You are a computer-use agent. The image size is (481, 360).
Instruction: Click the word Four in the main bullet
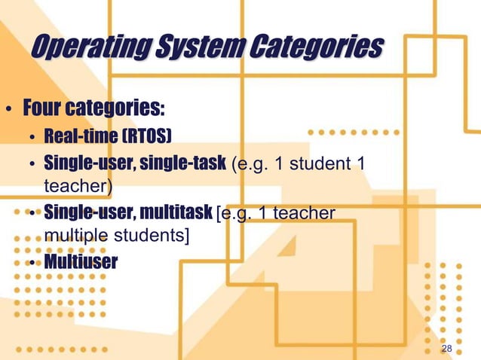point(44,109)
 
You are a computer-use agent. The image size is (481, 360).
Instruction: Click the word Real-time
point(81,136)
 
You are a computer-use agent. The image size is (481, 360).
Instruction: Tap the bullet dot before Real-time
point(32,137)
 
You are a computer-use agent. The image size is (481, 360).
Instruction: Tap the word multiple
point(80,236)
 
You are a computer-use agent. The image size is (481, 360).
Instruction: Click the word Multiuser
point(81,262)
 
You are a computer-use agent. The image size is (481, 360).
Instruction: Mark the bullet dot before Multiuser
point(32,263)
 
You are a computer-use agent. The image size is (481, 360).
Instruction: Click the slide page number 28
point(446,349)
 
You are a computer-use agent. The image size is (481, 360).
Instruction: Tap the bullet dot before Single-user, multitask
point(32,214)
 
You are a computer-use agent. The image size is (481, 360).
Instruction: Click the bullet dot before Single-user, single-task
point(32,163)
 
